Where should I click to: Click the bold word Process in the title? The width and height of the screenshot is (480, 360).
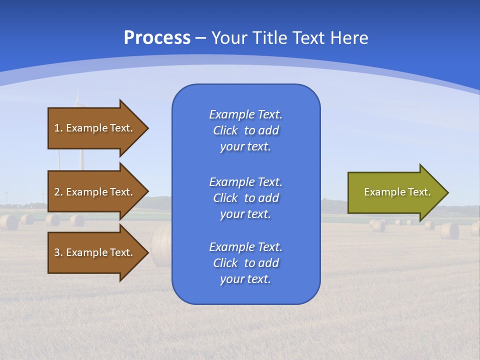point(157,38)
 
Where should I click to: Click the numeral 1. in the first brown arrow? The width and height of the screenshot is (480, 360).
point(58,128)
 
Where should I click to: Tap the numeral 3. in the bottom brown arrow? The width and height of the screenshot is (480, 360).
point(58,252)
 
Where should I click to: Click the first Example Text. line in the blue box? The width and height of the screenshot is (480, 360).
point(245,114)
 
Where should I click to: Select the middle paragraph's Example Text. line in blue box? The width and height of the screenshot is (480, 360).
point(245,181)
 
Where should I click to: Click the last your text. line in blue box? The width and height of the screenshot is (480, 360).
point(245,279)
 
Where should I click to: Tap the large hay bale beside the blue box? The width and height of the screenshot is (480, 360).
point(161,244)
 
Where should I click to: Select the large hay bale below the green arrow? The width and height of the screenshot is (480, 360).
point(449,230)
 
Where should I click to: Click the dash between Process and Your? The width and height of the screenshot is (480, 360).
point(200,38)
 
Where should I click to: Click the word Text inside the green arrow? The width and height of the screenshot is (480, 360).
point(419,192)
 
